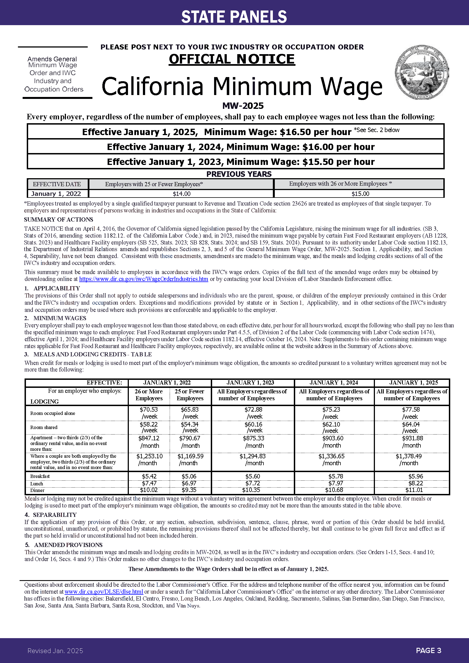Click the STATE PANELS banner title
click(x=234, y=17)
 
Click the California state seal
click(x=422, y=72)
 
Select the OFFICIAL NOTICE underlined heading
click(x=232, y=59)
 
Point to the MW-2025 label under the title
click(x=243, y=106)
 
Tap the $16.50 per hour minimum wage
click(x=315, y=132)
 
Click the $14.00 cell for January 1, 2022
click(x=182, y=194)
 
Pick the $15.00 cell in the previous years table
click(x=360, y=194)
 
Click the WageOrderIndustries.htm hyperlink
click(x=143, y=279)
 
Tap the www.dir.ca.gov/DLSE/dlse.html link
click(x=104, y=591)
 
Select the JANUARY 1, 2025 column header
click(x=412, y=383)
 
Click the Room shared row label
click(x=44, y=427)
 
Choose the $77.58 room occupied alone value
click(x=411, y=409)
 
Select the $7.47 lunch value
click(x=149, y=483)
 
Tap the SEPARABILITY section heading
click(x=55, y=515)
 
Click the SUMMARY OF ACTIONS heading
click(x=58, y=219)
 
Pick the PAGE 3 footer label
click(x=428, y=651)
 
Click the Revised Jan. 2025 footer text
click(x=55, y=651)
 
